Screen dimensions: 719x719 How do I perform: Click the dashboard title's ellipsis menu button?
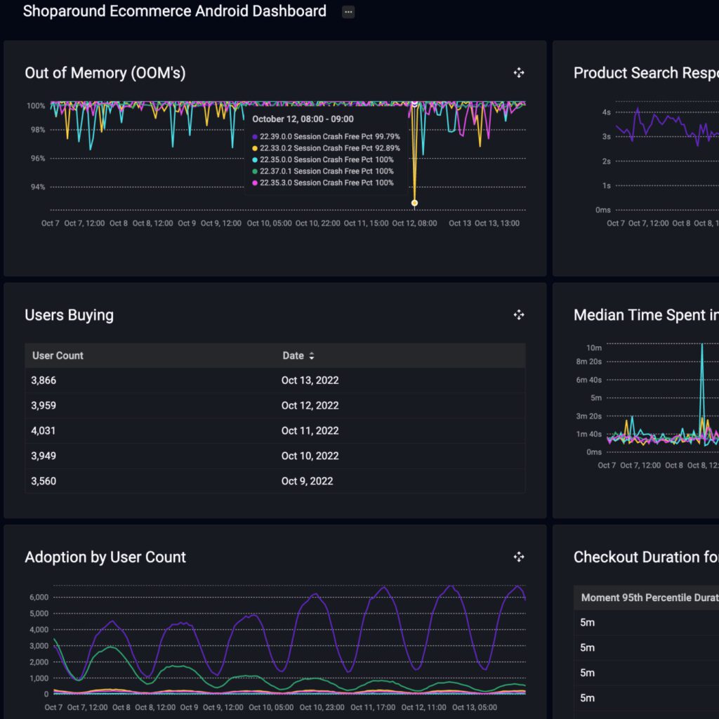[348, 12]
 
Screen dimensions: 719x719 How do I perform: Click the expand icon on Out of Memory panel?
[519, 73]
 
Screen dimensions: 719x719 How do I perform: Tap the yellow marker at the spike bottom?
[414, 203]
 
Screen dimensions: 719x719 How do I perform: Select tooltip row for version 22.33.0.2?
[326, 148]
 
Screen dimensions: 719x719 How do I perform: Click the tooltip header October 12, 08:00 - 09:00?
[303, 119]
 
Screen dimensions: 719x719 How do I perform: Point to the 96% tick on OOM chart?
[36, 159]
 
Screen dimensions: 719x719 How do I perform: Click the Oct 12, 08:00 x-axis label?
[414, 223]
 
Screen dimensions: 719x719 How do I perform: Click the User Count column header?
[58, 355]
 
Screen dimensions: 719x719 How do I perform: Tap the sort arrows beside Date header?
[312, 356]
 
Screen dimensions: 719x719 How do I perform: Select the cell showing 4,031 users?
[44, 430]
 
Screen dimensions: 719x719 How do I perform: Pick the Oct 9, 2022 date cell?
[307, 481]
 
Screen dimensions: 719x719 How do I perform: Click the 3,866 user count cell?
[44, 380]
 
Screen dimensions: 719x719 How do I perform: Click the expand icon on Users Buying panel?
[519, 315]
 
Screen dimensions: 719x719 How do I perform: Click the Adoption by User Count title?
[105, 558]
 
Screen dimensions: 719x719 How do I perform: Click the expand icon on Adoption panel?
[519, 558]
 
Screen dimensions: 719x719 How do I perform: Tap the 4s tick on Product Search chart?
[606, 112]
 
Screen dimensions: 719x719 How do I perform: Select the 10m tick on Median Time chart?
[593, 348]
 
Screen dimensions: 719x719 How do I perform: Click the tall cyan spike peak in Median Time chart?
[701, 345]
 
